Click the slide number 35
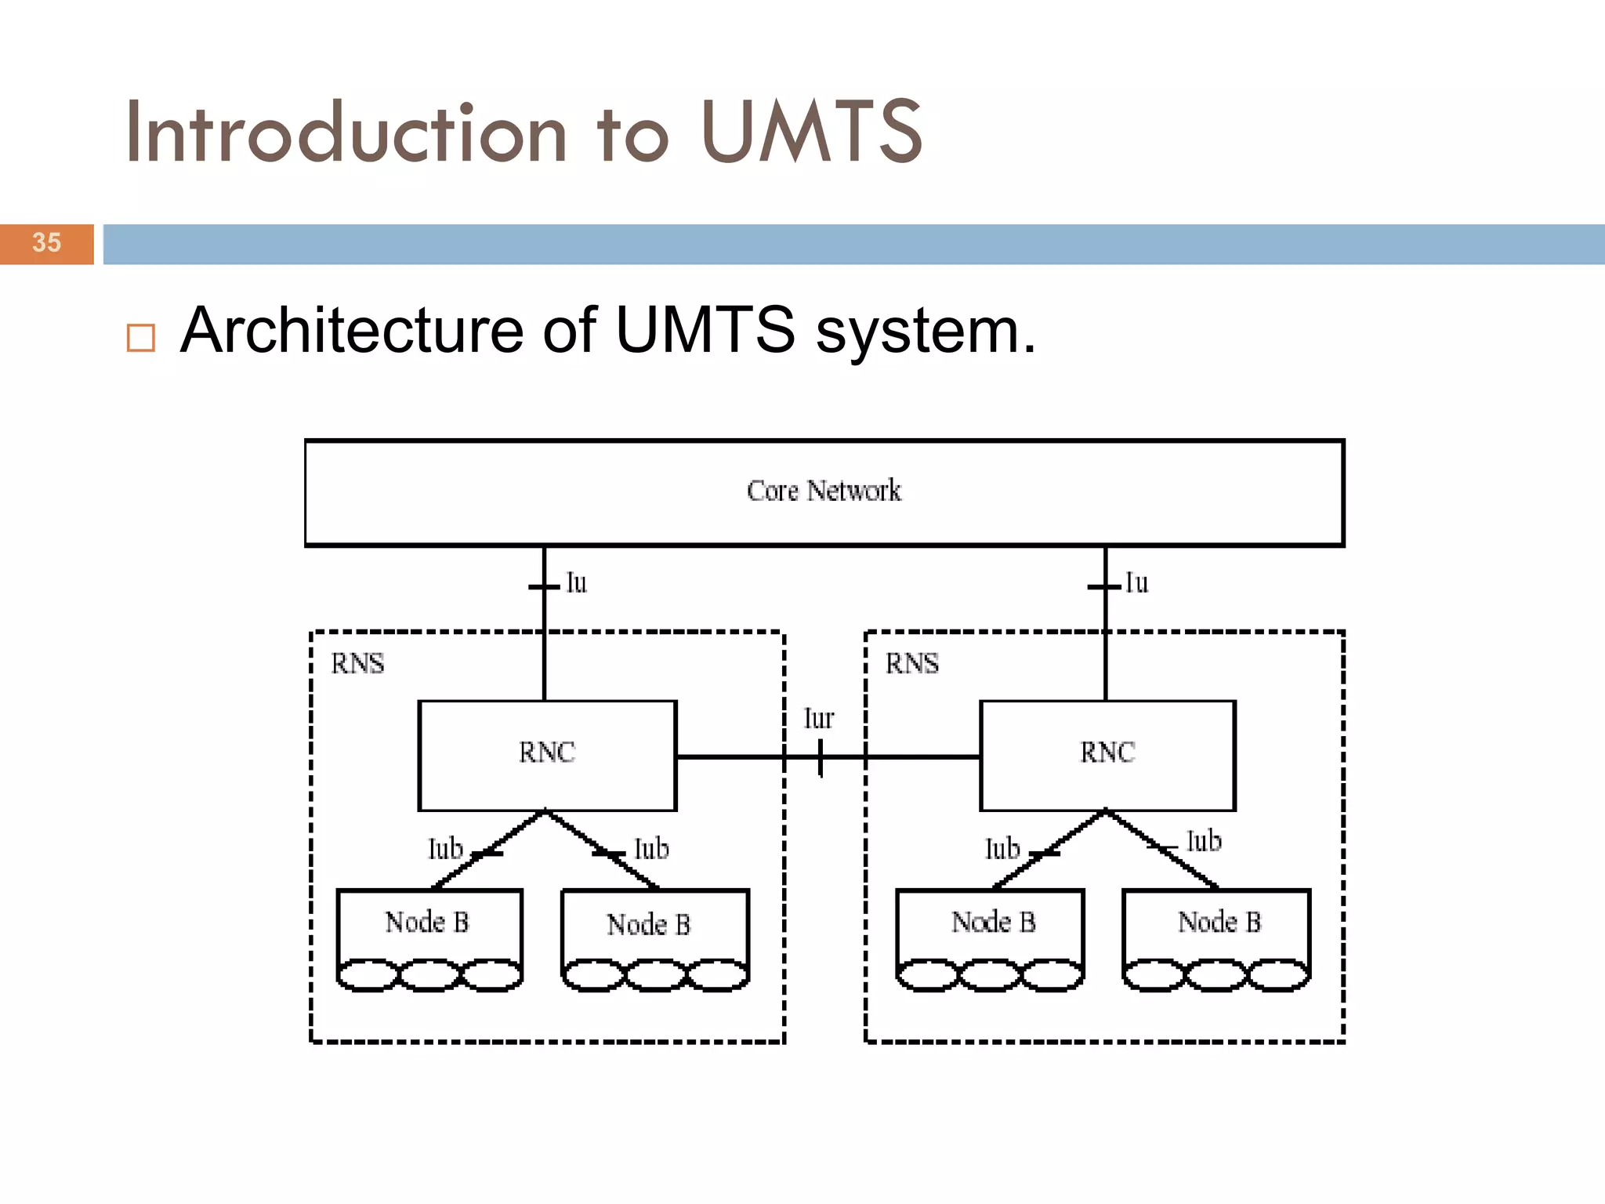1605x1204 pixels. coord(47,243)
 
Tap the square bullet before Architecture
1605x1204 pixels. coord(141,338)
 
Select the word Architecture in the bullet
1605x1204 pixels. coord(351,331)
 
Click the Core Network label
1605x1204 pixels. coord(824,491)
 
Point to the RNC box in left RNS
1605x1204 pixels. coord(547,754)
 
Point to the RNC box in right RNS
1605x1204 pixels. coord(1107,754)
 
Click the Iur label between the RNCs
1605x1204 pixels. coord(818,719)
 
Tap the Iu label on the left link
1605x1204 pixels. coord(577,583)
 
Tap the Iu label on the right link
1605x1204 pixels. coord(1136,583)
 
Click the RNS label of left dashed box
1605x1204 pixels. coord(357,664)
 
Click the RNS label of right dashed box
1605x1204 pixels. coord(911,664)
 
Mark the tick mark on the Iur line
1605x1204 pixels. coord(821,758)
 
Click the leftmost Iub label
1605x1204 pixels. coord(445,849)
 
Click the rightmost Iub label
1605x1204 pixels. coord(1204,842)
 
